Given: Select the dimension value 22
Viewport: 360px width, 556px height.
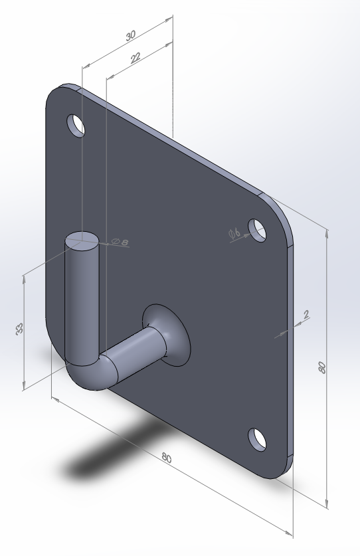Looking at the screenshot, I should click(136, 58).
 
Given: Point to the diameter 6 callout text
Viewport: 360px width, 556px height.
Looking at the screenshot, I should click(234, 233).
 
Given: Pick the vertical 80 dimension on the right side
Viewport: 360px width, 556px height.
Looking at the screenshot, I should click(322, 368).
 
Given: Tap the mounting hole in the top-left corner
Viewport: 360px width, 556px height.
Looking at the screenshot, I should click(76, 124).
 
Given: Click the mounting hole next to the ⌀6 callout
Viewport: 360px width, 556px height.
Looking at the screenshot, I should click(258, 230).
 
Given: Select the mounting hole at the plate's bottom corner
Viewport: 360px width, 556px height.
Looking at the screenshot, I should click(258, 438).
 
